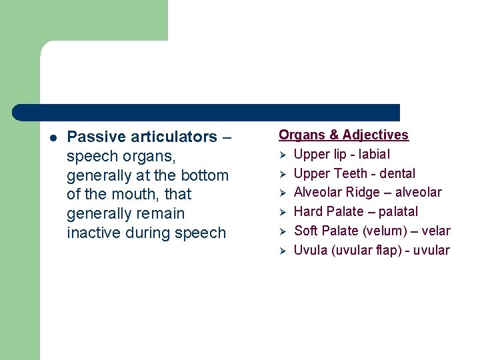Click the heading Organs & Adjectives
(343, 135)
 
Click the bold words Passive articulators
(142, 137)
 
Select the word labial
(374, 154)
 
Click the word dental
(397, 173)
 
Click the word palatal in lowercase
(398, 211)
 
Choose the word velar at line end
(436, 231)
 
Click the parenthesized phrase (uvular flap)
(369, 250)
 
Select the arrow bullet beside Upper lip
(283, 155)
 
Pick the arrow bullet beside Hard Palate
(283, 212)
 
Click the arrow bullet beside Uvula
(283, 251)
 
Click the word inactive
(93, 233)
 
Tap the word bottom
(204, 175)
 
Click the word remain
(160, 214)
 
